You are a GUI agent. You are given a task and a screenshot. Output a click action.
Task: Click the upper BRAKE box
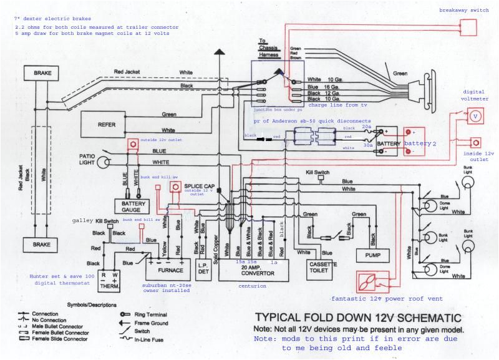tap(42, 73)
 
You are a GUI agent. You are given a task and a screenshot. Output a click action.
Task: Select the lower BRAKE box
tap(42, 243)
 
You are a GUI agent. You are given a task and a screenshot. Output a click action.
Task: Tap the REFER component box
tap(107, 124)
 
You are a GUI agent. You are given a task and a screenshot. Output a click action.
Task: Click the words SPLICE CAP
tap(200, 187)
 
